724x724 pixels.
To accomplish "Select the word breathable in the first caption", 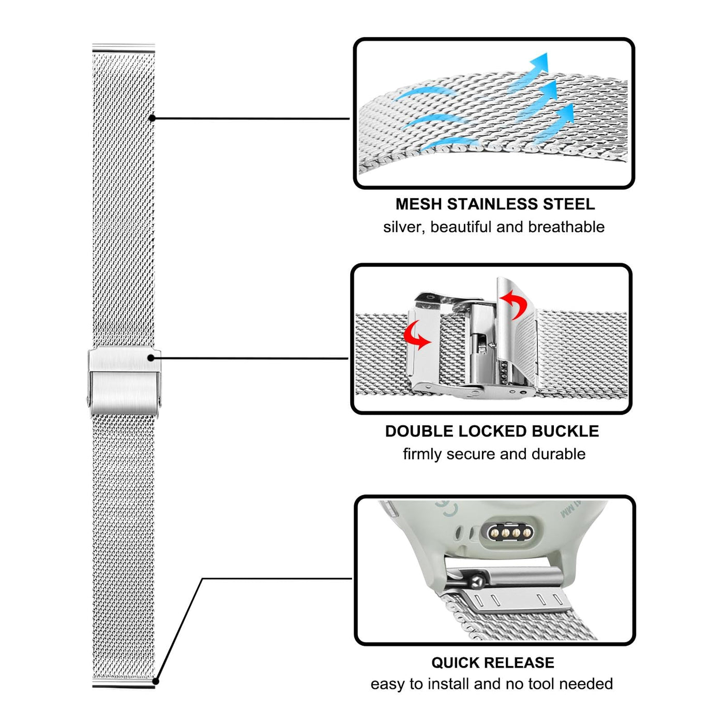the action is coord(566,227).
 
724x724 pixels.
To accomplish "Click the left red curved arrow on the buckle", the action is coord(417,336).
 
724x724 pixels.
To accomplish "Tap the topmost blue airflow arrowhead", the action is coord(539,63).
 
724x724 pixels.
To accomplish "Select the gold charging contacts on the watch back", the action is coord(510,532).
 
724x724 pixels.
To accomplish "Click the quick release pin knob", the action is coord(477,583).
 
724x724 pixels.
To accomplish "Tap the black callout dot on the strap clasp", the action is coord(150,358).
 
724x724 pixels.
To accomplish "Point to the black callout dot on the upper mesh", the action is coord(152,118).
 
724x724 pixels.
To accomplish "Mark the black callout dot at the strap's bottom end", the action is coord(156,681).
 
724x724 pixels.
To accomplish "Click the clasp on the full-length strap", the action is coord(124,381).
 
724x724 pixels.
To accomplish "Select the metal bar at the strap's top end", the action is coord(124,48).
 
